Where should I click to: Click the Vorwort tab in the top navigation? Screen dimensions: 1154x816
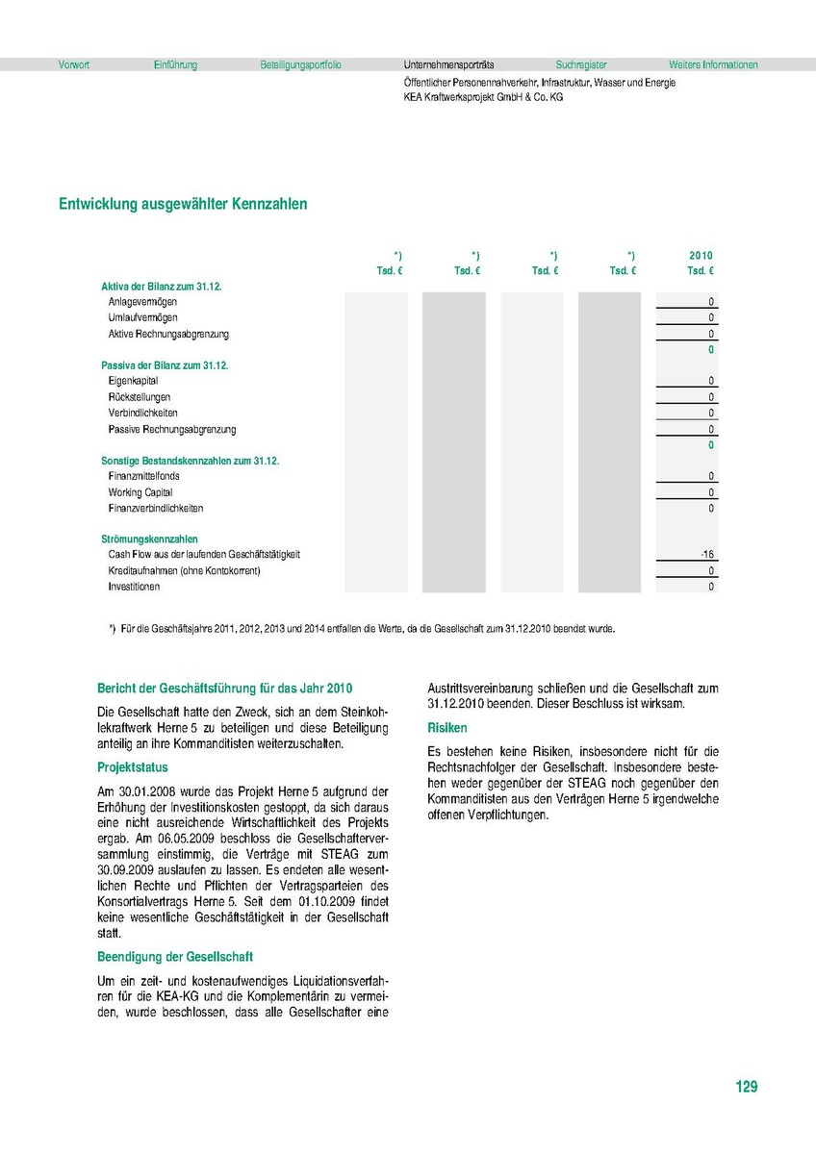74,65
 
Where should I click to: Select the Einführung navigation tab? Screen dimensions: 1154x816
175,65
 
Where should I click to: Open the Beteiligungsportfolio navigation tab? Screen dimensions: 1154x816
300,65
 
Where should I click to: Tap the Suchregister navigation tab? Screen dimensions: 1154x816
581,65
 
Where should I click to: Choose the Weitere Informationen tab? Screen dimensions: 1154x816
713,65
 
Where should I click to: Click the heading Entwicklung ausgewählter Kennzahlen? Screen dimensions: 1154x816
183,204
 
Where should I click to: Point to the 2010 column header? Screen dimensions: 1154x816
701,255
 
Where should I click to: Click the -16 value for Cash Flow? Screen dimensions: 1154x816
707,555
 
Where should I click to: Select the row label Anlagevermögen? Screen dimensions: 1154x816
142,302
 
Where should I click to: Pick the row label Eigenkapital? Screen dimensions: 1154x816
134,381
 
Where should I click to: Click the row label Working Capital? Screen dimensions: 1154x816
140,492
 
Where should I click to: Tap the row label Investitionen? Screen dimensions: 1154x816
134,587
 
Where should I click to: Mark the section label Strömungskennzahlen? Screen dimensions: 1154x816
149,539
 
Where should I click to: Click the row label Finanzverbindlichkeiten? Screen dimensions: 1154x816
156,508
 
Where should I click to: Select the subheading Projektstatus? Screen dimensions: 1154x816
133,767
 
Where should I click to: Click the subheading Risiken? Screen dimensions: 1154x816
447,728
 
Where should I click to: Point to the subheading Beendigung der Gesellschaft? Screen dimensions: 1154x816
174,957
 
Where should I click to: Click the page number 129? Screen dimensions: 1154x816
746,1087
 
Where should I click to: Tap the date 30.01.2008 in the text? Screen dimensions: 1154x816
142,790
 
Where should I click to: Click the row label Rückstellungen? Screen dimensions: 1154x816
140,397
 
